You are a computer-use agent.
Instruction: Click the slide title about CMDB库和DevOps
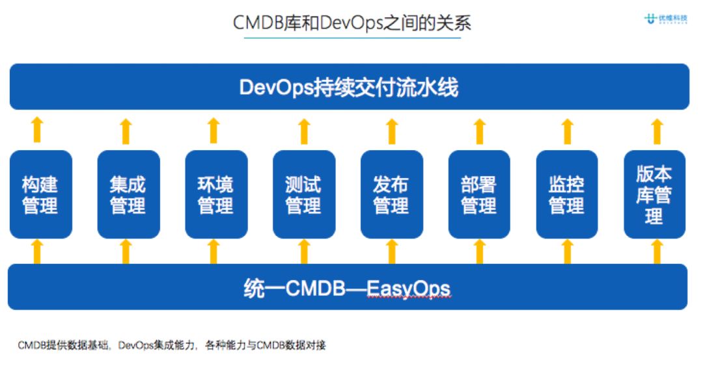click(x=351, y=23)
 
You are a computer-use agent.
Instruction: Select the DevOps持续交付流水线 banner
click(x=349, y=87)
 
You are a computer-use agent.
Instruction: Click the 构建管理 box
click(x=40, y=194)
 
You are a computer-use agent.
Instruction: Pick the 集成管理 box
click(x=128, y=194)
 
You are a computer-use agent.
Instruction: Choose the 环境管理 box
click(x=215, y=194)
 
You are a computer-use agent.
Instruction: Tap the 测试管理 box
click(x=303, y=194)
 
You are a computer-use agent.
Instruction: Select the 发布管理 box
click(x=391, y=194)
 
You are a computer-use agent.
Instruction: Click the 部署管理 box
click(x=479, y=194)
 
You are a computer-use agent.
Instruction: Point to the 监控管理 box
click(x=567, y=194)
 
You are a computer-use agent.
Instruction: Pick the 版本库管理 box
click(x=654, y=194)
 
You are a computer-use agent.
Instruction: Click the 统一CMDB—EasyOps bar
click(x=348, y=287)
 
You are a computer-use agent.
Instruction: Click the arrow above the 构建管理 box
click(x=38, y=130)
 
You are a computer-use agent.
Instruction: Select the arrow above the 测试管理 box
click(x=304, y=130)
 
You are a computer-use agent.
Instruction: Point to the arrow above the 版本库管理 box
click(x=656, y=130)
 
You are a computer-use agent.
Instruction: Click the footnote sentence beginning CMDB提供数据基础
click(x=172, y=345)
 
